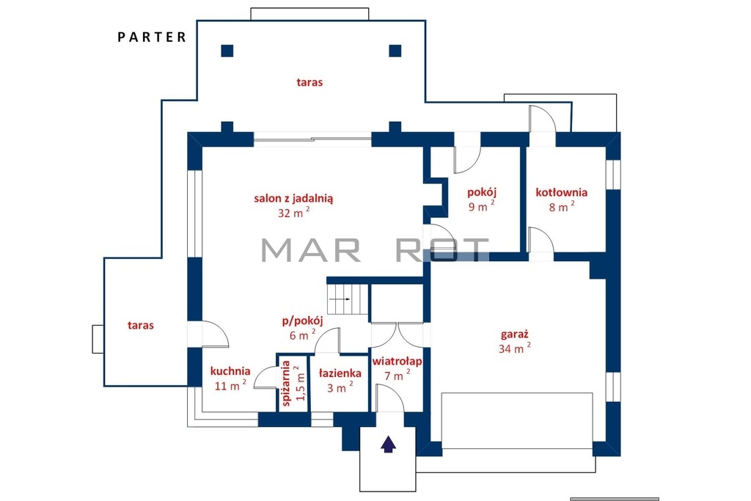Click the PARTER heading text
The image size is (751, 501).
click(152, 37)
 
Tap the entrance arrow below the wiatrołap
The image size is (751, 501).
click(389, 444)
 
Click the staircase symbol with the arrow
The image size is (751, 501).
click(348, 299)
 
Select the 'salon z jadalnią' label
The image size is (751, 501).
click(293, 198)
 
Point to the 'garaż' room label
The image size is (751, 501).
click(514, 334)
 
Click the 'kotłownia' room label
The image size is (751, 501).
click(561, 192)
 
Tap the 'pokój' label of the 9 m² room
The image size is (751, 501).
click(482, 192)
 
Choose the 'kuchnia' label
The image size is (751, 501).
click(230, 371)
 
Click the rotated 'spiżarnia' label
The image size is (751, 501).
click(287, 383)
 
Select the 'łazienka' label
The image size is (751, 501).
click(340, 373)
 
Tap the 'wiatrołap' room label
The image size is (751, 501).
click(397, 361)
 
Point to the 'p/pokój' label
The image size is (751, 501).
click(302, 321)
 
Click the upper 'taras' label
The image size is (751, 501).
click(309, 82)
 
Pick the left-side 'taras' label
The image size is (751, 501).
click(141, 326)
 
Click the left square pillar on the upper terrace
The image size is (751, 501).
click(227, 51)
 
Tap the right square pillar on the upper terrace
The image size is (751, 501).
click(395, 51)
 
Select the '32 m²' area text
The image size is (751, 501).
click(293, 212)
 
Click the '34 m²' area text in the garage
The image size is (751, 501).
click(514, 348)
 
